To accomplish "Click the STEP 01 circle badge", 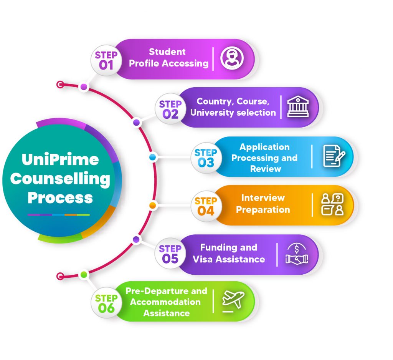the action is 106,60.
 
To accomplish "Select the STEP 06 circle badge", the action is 106,302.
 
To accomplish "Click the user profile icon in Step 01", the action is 232,58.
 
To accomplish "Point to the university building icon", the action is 298,107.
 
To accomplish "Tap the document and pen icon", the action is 334,156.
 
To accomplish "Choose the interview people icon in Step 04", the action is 332,204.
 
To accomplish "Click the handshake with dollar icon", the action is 297,254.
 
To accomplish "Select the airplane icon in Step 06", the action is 233,301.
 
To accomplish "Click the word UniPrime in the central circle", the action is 60,159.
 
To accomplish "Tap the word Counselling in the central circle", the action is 60,179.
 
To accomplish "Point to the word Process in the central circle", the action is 60,198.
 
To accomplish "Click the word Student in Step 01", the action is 167,52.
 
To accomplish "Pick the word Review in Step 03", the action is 266,169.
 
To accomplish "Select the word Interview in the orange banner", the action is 263,198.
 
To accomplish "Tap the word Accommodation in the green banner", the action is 165,302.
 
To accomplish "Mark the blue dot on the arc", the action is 153,157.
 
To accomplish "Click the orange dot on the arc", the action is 153,206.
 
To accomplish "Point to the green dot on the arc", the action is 84,275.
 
